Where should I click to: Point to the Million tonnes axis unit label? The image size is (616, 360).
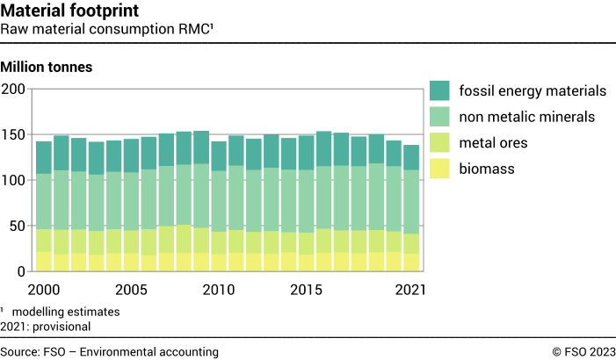[x=47, y=67]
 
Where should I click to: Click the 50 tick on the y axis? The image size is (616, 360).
[x=17, y=227]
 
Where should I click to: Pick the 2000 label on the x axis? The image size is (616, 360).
[x=44, y=289]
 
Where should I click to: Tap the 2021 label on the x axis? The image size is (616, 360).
[x=410, y=289]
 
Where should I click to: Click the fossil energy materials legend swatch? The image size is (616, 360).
[x=440, y=90]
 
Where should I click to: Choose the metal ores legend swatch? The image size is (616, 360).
[x=440, y=142]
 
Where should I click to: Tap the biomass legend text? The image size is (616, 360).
[x=490, y=168]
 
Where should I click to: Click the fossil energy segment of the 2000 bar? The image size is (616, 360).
[x=44, y=157]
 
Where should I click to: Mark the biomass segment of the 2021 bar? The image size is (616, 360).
[x=411, y=263]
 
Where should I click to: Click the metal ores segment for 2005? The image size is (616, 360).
[x=131, y=242]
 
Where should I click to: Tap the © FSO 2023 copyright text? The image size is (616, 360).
[x=583, y=351]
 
